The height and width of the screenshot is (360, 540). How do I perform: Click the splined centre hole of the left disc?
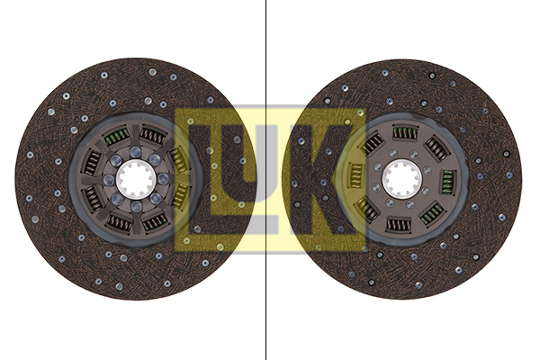135,179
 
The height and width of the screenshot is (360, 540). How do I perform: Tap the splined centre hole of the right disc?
402,178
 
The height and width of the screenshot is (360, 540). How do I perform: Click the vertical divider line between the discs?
265,180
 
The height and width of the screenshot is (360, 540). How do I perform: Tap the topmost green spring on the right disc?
405,132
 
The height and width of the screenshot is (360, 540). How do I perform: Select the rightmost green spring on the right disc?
448,179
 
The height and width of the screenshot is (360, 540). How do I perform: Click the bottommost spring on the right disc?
399,226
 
